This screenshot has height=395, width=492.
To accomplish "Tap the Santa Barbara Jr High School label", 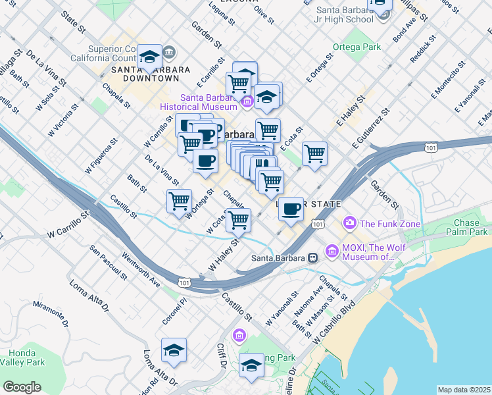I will (x=345, y=14).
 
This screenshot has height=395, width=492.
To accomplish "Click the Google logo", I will (x=22, y=387).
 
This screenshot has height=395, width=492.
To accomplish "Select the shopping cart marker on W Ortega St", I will (x=179, y=201).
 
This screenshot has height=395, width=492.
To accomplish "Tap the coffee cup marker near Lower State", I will (x=291, y=209).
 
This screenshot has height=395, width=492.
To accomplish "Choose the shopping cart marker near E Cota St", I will (x=314, y=154).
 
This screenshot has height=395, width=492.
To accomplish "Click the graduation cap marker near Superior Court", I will (x=150, y=57).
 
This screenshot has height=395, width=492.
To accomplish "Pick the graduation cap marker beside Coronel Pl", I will (x=174, y=350).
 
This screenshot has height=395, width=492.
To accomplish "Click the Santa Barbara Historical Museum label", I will (x=201, y=101).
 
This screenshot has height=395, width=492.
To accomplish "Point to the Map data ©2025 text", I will (x=464, y=390).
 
